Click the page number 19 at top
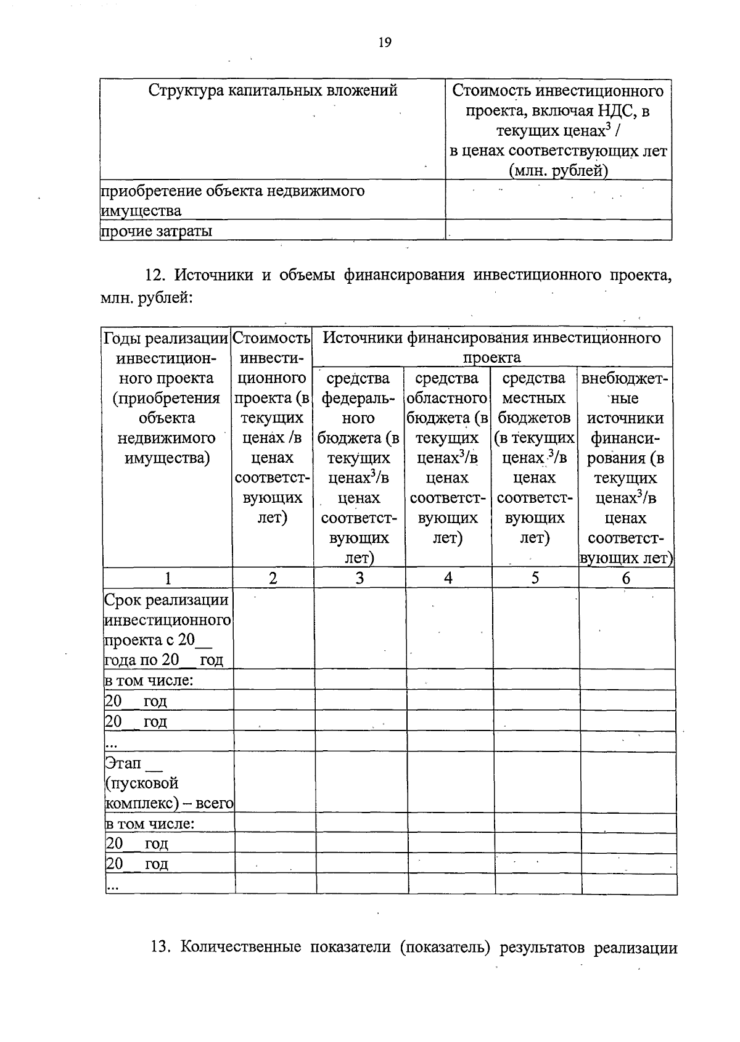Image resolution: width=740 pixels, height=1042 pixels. (x=384, y=43)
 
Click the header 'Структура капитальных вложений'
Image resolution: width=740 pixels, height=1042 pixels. (x=273, y=91)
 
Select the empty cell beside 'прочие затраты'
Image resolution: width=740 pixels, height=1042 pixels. (x=558, y=231)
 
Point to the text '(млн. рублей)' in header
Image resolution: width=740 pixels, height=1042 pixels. (x=558, y=171)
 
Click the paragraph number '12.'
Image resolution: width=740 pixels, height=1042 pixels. (x=157, y=275)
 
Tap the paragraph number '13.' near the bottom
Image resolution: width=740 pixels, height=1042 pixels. (x=160, y=947)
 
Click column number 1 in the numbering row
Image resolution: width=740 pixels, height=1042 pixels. (x=168, y=578)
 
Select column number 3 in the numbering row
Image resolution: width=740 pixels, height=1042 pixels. (x=360, y=578)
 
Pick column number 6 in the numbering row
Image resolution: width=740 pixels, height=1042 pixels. (x=626, y=578)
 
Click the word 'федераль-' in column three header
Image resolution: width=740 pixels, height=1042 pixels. (x=358, y=399)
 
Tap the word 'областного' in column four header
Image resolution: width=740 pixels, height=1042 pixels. (x=447, y=399)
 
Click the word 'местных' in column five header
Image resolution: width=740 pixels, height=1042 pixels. (x=534, y=399)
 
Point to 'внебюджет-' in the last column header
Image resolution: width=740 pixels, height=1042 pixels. (x=625, y=378)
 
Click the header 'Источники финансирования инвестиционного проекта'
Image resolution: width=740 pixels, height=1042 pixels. (x=491, y=347)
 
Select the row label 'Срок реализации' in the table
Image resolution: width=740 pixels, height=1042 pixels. (x=166, y=600)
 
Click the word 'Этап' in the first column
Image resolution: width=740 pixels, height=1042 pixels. (x=123, y=763)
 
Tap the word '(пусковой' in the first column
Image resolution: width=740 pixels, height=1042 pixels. (x=142, y=784)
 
